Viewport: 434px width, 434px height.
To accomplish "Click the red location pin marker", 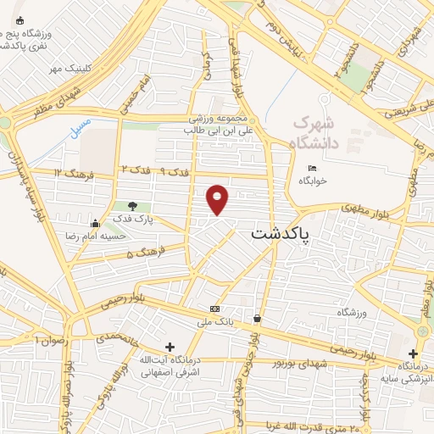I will (x=218, y=198).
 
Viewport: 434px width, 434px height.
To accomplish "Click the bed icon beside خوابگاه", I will (x=312, y=168).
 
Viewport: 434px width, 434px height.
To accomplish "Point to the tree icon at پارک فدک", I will (x=131, y=205).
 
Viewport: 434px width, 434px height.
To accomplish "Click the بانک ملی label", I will (x=214, y=323).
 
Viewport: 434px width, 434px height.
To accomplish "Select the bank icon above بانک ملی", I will (x=214, y=309).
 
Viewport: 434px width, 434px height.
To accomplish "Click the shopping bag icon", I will (x=256, y=319).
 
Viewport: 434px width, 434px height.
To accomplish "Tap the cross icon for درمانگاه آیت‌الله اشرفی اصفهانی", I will (x=170, y=348).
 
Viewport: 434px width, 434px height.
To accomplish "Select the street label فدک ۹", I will (x=175, y=172).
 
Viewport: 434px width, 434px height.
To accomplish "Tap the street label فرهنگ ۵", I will (x=142, y=253).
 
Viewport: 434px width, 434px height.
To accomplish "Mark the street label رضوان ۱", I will (x=49, y=339).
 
